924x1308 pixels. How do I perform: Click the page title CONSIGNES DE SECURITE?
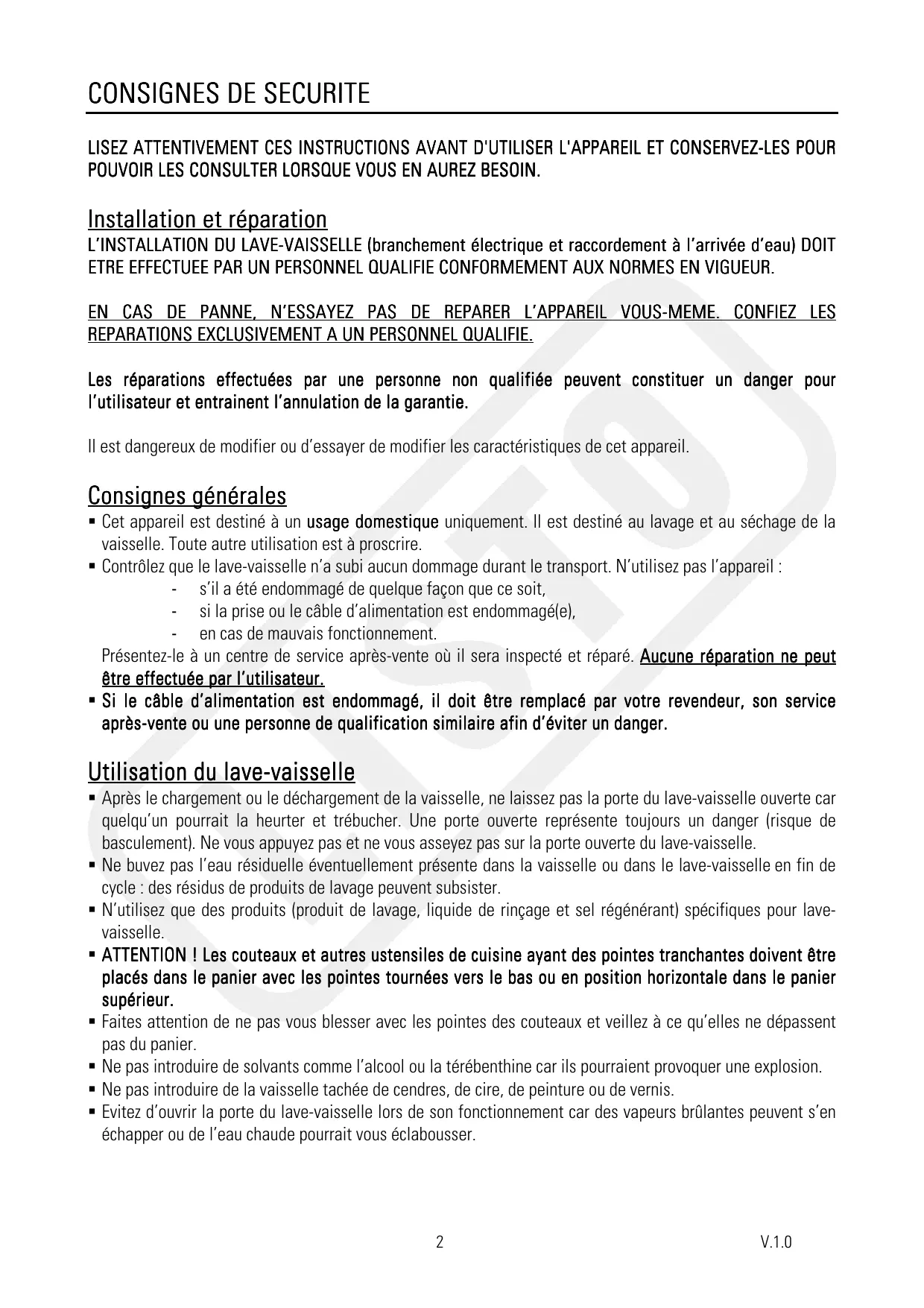tap(229, 95)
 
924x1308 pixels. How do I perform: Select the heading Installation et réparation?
tap(207, 220)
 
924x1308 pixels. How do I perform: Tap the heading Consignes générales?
tap(187, 496)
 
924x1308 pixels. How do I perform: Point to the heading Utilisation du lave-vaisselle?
tap(221, 771)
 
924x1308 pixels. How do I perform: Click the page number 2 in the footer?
tap(440, 1242)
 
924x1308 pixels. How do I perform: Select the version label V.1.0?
tap(776, 1242)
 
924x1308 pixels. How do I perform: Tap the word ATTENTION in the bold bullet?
tap(143, 955)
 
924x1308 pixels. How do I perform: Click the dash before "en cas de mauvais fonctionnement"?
tap(174, 634)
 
